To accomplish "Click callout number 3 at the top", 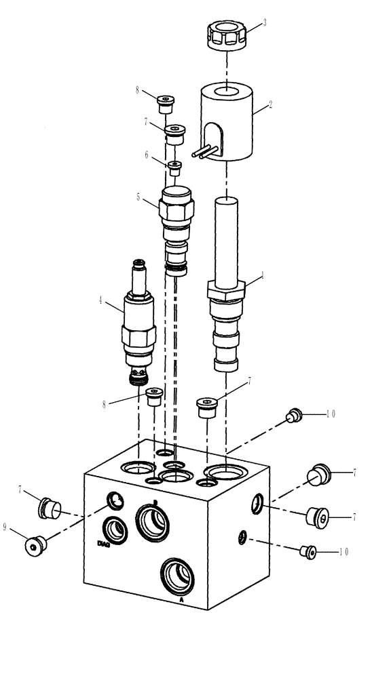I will coord(264,22).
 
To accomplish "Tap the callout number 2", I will coord(270,105).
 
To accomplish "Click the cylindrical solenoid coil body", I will coord(227,125).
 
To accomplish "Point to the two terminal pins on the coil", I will coord(206,153).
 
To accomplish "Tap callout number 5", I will coord(138,197).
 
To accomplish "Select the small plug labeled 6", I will coord(174,167).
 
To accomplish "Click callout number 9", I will coord(6,527).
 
